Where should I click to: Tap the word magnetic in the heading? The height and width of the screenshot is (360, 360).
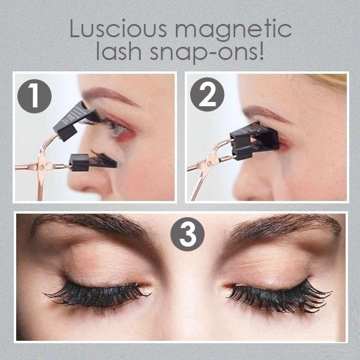(x=233, y=31)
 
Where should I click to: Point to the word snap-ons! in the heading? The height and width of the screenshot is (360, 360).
(x=207, y=52)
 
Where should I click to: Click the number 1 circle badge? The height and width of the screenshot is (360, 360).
(x=34, y=96)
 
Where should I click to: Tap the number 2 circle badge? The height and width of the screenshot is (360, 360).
(x=207, y=94)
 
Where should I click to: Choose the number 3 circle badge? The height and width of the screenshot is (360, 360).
(x=187, y=234)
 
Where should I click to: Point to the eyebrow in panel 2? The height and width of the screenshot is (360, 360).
(x=266, y=113)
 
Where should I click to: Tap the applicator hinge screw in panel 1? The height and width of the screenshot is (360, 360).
(x=41, y=167)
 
